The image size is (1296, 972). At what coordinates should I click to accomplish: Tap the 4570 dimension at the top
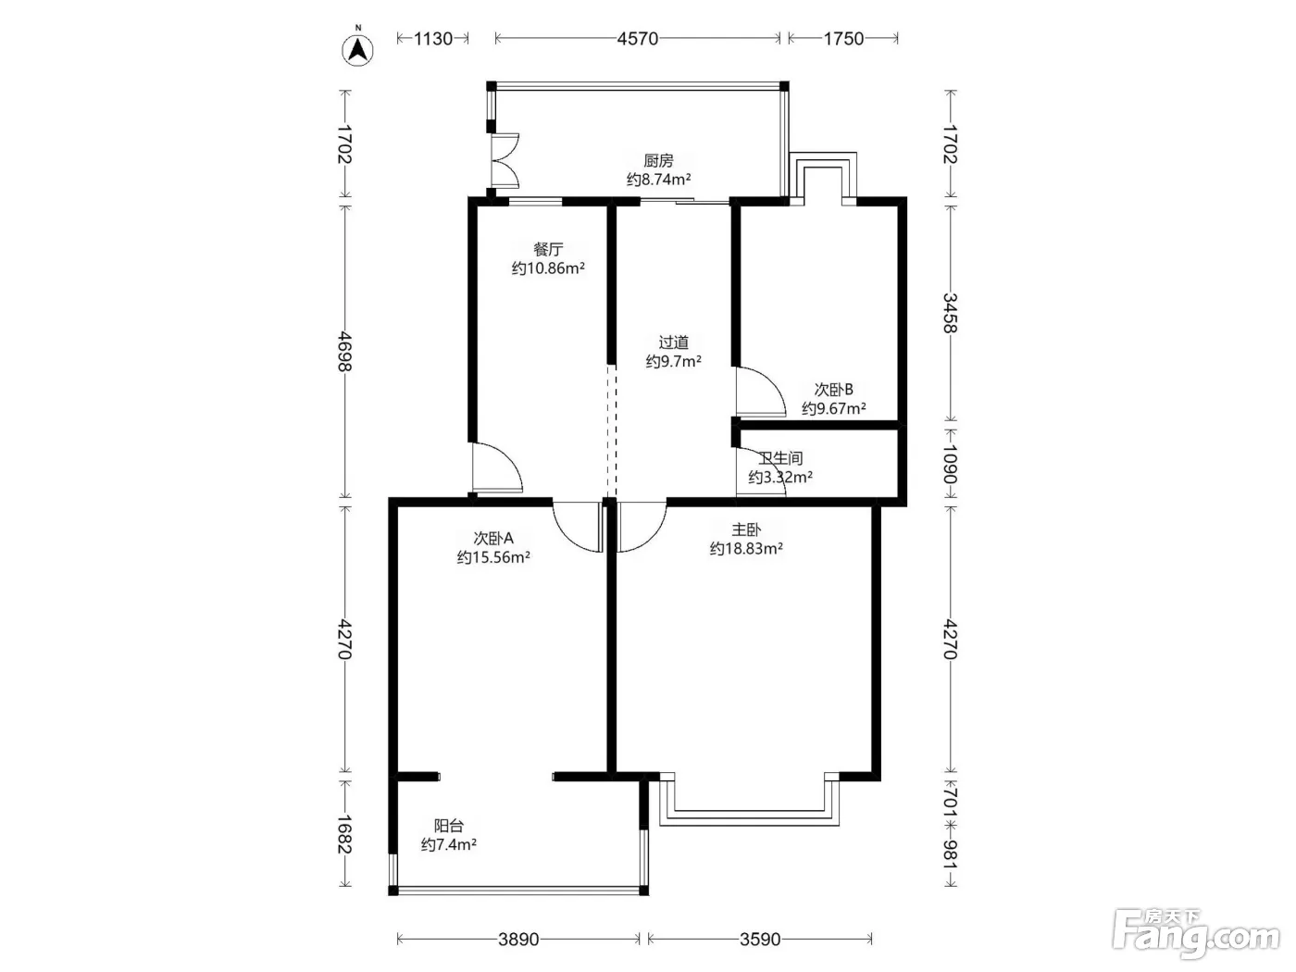pos(637,39)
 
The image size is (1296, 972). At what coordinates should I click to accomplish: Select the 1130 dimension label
pos(433,39)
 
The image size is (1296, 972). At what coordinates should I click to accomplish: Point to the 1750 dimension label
pos(843,39)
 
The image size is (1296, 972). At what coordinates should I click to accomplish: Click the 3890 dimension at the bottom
pos(518,939)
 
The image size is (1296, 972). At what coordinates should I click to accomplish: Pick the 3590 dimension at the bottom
pos(760,939)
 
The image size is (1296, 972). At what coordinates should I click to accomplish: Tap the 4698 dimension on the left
pos(344,352)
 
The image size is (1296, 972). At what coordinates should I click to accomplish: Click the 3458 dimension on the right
pos(950,313)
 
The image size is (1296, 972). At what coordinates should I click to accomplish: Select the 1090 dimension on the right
pos(950,464)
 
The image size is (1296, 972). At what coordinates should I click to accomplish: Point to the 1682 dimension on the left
pos(344,834)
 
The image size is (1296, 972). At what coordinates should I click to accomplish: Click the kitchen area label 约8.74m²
pos(658,180)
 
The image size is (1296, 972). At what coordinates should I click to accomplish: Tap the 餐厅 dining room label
pos(548,249)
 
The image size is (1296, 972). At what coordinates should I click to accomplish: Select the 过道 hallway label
pos(674,343)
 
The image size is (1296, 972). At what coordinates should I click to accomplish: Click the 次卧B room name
pos(834,390)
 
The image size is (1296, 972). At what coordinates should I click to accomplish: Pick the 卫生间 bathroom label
pos(780,458)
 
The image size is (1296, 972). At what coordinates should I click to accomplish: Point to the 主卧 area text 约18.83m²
pos(746,549)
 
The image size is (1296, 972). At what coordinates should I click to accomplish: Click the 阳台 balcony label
pos(449,826)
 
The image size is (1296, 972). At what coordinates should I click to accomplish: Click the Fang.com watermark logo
pos(1196,933)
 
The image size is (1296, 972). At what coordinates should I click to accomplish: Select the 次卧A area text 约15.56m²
pos(493,557)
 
